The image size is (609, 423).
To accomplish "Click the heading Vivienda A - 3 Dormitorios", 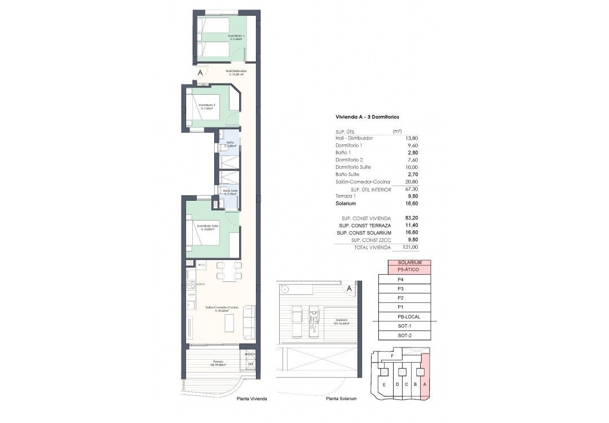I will [x=367, y=117].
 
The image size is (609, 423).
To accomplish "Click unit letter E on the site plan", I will [x=384, y=385].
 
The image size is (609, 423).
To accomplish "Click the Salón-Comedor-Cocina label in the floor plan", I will [x=222, y=307].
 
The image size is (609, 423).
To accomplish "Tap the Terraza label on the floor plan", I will [x=218, y=362].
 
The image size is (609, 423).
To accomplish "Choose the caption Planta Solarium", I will [x=342, y=399].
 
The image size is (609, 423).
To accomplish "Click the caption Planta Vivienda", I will [x=251, y=399].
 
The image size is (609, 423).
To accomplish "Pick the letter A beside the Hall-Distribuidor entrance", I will [x=200, y=73].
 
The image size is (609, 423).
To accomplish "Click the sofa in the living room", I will [x=248, y=321].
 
